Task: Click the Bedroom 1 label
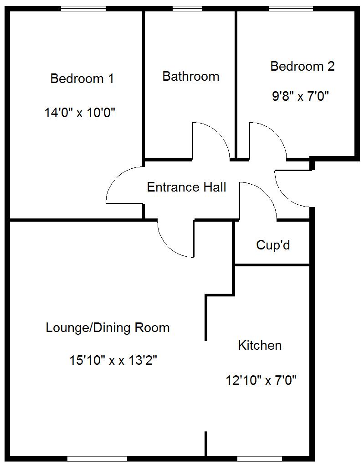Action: [x=82, y=78]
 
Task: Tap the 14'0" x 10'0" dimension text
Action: [x=80, y=112]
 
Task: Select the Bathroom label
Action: [x=191, y=76]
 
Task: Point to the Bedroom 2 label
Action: [x=302, y=66]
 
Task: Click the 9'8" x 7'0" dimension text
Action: [x=301, y=97]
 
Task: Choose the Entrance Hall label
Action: [x=186, y=187]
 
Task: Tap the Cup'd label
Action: [x=273, y=245]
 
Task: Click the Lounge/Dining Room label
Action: [x=108, y=327]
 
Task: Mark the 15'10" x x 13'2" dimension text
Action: [x=113, y=360]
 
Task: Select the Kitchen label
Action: [x=260, y=345]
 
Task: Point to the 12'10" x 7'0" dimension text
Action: [x=261, y=380]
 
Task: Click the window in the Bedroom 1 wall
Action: [x=83, y=8]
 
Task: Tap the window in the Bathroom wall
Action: [x=187, y=8]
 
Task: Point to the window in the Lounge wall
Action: [x=97, y=458]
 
